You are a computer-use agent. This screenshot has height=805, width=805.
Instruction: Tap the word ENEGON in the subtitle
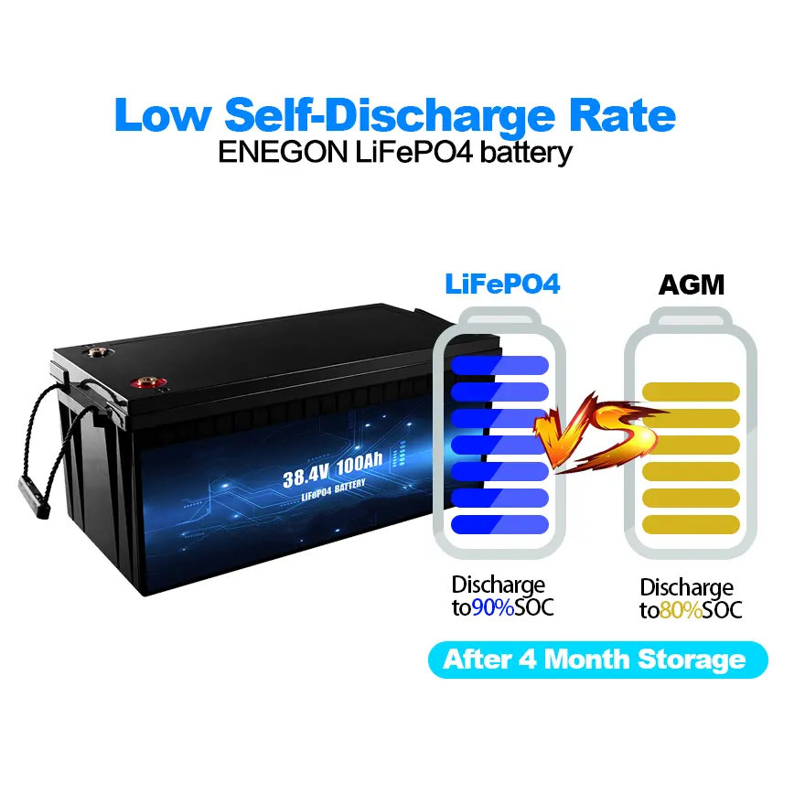pos(283,153)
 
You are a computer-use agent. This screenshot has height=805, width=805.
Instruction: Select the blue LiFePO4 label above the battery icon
pos(502,284)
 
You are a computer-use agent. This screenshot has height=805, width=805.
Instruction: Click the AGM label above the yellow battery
pos(691,284)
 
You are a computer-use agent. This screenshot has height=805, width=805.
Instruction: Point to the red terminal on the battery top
pos(148,382)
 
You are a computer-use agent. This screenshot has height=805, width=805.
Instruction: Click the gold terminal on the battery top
pos(97,351)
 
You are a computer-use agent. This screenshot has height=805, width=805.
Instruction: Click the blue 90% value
pos(493,607)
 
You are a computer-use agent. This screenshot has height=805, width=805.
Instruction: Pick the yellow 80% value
pos(681,610)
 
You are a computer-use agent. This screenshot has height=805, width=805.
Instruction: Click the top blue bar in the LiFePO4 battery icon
pos(499,365)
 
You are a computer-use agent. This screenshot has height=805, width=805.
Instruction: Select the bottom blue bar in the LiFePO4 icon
pos(499,524)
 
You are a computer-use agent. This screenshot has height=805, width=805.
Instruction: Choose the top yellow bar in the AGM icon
pos(691,392)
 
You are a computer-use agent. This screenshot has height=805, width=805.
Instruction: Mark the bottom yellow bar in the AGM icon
pos(691,524)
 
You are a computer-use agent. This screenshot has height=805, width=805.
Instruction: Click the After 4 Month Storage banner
pos(597,660)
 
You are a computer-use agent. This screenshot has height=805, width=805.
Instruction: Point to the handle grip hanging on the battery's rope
pos(34,495)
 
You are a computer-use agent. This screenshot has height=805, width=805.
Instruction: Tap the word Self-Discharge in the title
pos(390,115)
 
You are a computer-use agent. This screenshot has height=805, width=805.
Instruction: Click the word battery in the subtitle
pos(526,153)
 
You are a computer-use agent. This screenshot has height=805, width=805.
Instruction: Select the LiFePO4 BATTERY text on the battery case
pos(333,489)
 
